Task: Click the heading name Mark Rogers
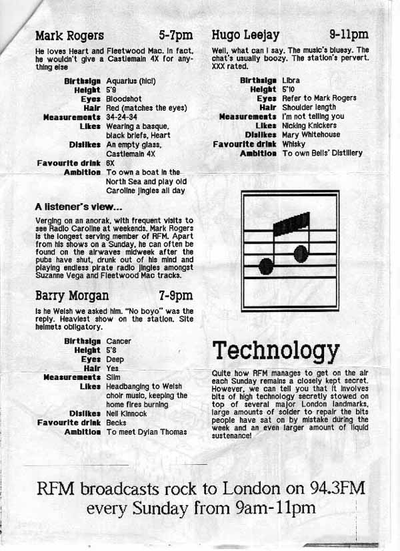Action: (x=69, y=35)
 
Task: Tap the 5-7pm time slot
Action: (x=175, y=35)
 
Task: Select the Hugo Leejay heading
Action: (x=245, y=35)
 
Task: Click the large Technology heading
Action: (x=275, y=350)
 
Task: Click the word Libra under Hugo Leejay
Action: (x=291, y=80)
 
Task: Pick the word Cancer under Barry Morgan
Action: (x=119, y=341)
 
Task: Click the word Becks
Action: (x=116, y=423)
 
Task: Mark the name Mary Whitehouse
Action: (x=311, y=134)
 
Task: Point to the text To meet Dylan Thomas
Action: (x=147, y=432)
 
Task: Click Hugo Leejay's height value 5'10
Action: (x=289, y=89)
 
